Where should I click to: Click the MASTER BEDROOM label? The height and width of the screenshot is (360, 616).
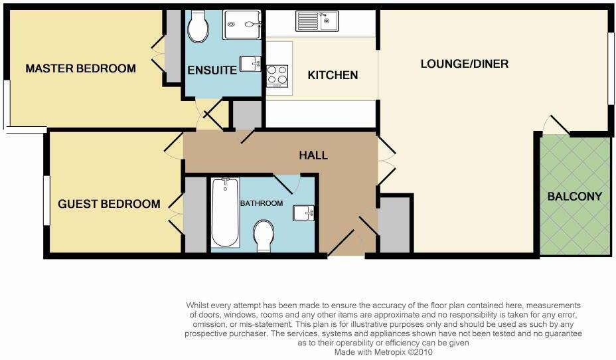coord(80,68)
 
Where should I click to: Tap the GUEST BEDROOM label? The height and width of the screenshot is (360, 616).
coord(109,204)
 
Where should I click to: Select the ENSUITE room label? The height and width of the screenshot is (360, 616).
coord(212,70)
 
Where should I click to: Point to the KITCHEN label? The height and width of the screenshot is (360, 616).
coord(333,75)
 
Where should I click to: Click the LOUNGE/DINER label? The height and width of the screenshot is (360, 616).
coord(465,64)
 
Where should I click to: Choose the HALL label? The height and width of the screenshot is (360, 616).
coord(313,155)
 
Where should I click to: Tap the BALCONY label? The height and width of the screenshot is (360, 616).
coord(575,197)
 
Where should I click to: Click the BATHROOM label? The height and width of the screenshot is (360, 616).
coord(262,203)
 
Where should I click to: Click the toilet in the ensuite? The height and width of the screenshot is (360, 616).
coord(198,26)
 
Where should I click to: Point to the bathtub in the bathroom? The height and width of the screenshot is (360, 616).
coord(224,213)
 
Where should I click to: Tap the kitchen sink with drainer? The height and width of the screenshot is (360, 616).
coord(317,22)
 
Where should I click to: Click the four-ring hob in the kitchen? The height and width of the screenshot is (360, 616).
coord(277,76)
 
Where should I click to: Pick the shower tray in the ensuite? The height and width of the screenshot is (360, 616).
coord(243,25)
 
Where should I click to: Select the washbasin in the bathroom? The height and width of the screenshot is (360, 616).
coord(305,213)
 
